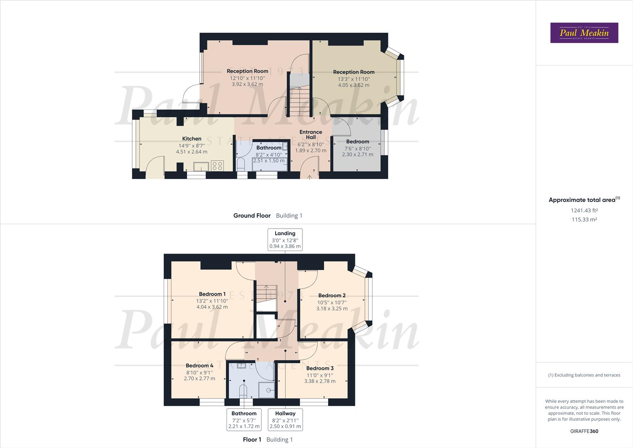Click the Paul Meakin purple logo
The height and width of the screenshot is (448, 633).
[584, 33]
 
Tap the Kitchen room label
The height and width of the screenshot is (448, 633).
[192, 139]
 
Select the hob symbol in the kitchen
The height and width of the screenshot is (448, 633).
[217, 166]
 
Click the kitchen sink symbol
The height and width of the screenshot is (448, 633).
[201, 166]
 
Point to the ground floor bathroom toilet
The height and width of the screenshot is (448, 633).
[241, 164]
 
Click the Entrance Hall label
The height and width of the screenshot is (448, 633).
[311, 134]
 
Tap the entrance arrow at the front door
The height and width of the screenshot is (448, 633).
[309, 178]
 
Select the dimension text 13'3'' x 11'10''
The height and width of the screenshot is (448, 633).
[354, 79]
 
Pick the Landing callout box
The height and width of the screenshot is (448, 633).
[285, 240]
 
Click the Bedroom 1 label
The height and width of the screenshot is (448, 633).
[212, 294]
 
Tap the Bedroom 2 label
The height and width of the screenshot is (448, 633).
[332, 295]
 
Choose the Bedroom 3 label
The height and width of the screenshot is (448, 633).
[320, 368]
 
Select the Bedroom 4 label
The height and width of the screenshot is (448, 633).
[199, 365]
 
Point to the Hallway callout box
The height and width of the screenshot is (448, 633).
[285, 420]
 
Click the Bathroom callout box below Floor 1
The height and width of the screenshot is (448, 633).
[244, 420]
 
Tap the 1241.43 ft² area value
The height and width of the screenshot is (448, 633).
[584, 210]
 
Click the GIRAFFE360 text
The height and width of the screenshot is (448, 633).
[584, 431]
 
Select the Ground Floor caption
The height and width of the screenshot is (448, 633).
[252, 215]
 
